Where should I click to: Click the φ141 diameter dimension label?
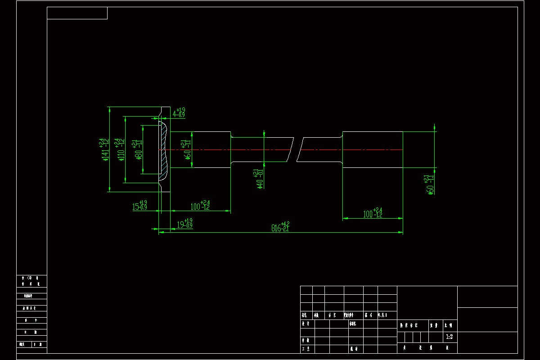pos(105,150)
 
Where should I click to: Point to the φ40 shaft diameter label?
pos(258,179)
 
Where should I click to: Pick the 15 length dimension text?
pos(139,207)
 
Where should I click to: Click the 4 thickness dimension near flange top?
pos(179,113)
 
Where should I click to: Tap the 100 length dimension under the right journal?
pos(373,213)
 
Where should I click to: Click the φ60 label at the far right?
pos(430,185)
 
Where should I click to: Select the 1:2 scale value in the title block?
pos(449,337)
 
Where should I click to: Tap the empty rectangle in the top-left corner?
pos(77,13)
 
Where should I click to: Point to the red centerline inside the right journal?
pos(373,149)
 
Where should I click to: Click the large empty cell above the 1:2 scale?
pos(427,302)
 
